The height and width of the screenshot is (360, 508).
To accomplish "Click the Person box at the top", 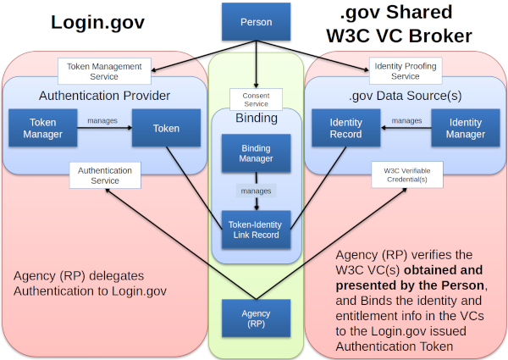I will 256,21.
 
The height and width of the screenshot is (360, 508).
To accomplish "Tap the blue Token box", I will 166,129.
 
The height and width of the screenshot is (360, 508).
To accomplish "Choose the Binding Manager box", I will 256,153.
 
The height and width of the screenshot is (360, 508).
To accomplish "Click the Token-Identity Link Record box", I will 256,230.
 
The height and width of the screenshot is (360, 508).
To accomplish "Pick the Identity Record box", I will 345,129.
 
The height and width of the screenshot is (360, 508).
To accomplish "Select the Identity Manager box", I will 465,129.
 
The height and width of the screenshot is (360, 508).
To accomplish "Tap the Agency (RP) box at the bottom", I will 256,318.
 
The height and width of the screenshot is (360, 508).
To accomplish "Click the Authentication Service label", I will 105,175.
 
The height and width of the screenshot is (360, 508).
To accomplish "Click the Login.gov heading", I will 88,24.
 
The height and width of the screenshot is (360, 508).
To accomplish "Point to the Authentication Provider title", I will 104,95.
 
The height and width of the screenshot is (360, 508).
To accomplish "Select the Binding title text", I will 256,119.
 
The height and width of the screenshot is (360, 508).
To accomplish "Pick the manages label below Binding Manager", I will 256,191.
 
